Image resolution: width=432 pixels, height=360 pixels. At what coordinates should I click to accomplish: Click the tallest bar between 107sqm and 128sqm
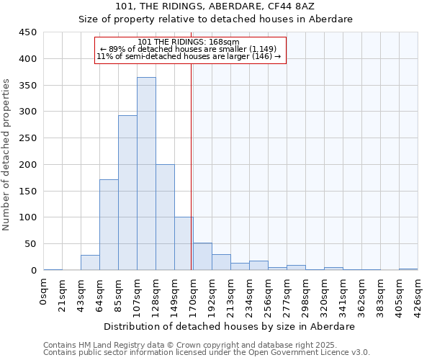tap(146, 174)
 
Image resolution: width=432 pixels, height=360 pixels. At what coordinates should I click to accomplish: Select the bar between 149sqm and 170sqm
tap(184, 243)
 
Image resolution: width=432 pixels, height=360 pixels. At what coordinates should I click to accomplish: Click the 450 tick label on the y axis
tap(28, 32)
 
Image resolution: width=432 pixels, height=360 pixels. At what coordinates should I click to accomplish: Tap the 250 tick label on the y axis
tap(28, 138)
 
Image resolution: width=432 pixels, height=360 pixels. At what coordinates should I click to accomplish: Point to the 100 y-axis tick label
tap(28, 217)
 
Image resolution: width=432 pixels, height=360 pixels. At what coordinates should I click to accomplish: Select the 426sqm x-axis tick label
tap(418, 293)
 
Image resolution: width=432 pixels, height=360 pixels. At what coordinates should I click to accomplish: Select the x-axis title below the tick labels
tap(228, 326)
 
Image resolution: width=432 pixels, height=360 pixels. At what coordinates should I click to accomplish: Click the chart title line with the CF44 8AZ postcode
tap(215, 6)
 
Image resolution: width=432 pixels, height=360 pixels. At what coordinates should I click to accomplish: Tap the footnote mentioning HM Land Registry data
tap(186, 345)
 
